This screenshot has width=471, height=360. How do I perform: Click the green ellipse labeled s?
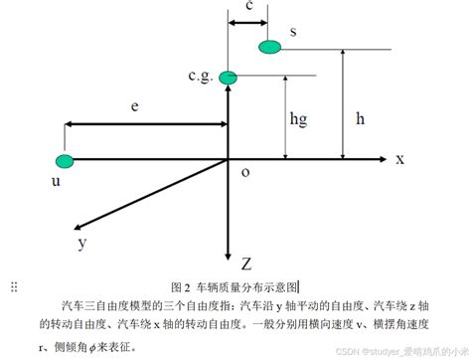click(268, 46)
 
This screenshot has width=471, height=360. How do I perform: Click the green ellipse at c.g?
click(229, 76)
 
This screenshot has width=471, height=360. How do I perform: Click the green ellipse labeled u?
click(66, 160)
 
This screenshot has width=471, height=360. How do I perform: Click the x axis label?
click(399, 159)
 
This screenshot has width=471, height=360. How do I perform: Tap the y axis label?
click(82, 241)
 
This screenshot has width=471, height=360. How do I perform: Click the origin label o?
click(244, 171)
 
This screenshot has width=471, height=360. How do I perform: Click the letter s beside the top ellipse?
click(293, 32)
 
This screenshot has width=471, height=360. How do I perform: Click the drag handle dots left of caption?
click(13, 288)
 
